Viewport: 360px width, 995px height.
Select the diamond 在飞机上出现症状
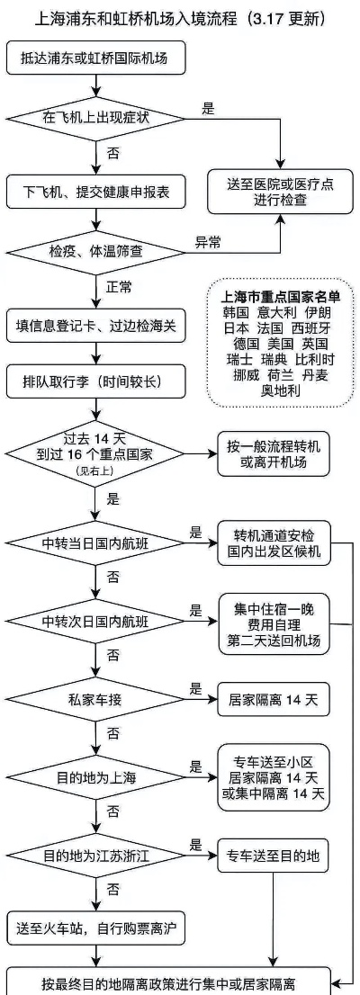pos(96,117)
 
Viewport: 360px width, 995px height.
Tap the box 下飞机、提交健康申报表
pos(96,191)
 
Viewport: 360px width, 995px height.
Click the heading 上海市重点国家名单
pos(280,297)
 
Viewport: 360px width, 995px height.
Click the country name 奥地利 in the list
pos(281,390)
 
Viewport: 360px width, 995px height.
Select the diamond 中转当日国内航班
pos(96,543)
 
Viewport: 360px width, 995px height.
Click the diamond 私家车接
pos(96,701)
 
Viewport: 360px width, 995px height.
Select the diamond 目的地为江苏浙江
pos(96,856)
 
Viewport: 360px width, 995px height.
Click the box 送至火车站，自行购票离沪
pos(96,929)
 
